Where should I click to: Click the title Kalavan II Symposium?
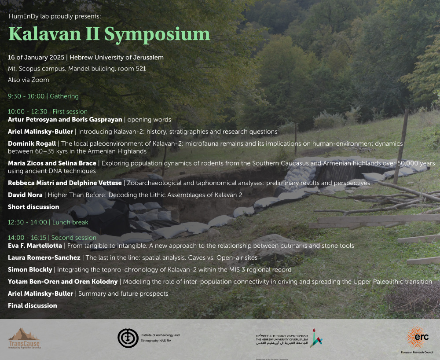pos(109,34)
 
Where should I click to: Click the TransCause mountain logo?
pos(24,338)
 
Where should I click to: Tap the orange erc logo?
pos(417,337)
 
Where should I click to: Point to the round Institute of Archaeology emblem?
pos(128,338)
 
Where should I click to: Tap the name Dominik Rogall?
pos(32,143)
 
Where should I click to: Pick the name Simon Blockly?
pos(30,269)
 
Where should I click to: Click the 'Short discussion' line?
pos(33,207)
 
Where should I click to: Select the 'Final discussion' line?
pos(33,305)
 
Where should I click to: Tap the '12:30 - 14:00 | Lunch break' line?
pos(48,222)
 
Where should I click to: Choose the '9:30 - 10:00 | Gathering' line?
pos(43,96)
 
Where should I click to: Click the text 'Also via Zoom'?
pos(29,80)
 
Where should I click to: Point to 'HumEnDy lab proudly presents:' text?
pos(55,16)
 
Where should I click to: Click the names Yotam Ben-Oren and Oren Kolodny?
pos(63,282)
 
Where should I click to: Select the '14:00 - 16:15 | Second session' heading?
pos(52,238)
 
